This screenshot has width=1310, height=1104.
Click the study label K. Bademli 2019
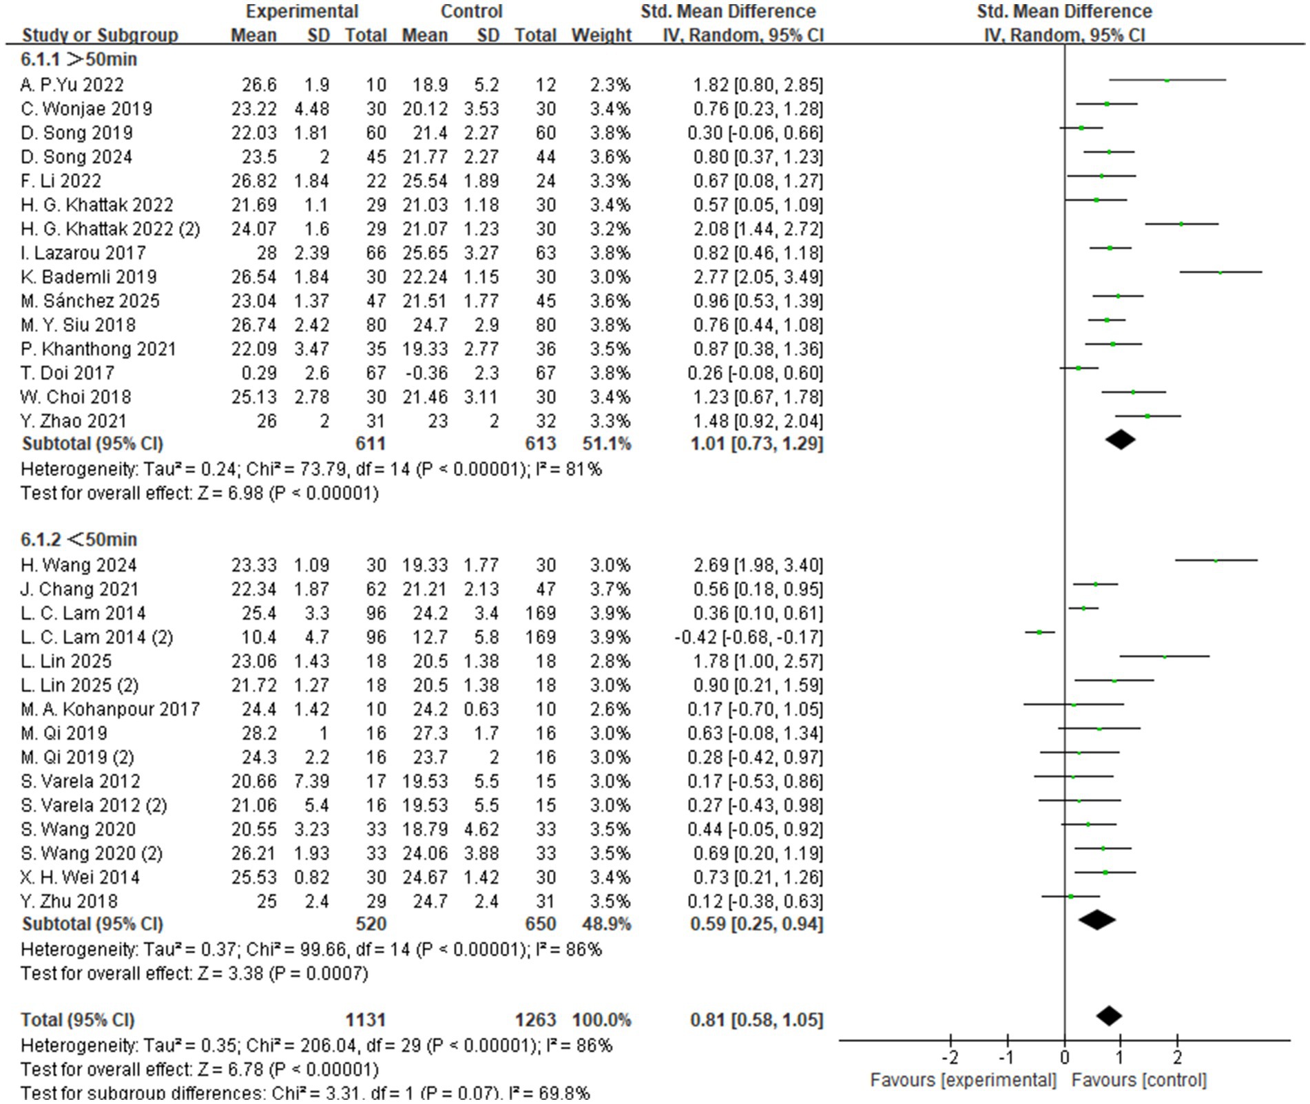pos(88,277)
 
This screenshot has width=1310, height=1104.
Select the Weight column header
pos(601,35)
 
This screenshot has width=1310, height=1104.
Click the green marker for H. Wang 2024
pos(1216,561)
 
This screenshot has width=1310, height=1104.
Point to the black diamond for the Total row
pos(1108,1016)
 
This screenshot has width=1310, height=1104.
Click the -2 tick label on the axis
pos(949,1056)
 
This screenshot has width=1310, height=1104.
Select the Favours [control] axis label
pos(1139,1080)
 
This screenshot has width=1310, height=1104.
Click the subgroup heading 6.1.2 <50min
pos(79,539)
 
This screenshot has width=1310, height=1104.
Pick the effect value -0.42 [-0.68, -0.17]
pos(748,637)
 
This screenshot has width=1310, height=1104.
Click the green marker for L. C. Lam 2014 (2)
pos(1039,632)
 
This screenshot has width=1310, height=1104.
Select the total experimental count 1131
pos(365,1019)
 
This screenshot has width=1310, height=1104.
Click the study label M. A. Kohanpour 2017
pos(110,709)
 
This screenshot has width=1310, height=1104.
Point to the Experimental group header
pos(302,12)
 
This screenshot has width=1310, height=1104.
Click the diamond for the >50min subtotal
pos(1120,439)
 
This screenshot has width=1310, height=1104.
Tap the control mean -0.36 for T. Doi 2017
pos(424,373)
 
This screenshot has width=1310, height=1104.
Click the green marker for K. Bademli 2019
pos(1220,273)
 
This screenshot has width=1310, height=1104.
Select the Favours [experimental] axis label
pos(963,1080)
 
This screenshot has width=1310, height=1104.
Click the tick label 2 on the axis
pos(1177,1056)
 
